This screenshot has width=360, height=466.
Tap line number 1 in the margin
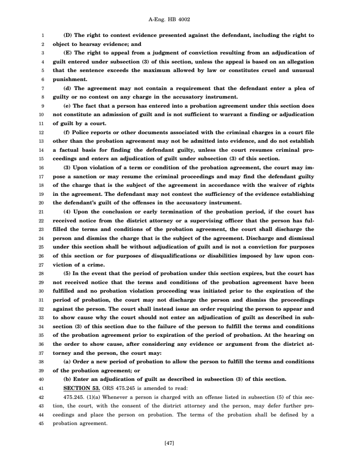pos(41,35)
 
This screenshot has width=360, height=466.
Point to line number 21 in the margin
pos(40,212)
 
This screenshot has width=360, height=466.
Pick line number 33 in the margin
pos(40,317)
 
